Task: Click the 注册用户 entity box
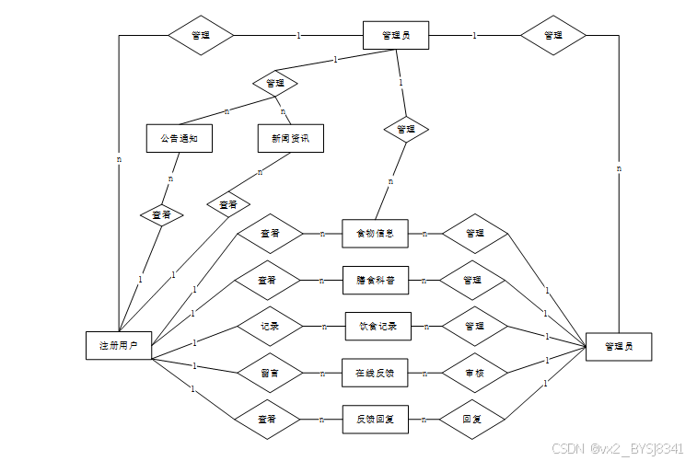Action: (118, 345)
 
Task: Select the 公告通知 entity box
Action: (179, 138)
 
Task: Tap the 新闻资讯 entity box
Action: (290, 138)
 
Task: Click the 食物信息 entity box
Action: (375, 234)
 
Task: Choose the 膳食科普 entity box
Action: (375, 280)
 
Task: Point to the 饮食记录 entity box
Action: (378, 326)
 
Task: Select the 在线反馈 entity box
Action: (375, 373)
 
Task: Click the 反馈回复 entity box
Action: (375, 419)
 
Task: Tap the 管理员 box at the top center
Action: (396, 36)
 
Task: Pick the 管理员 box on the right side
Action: (619, 346)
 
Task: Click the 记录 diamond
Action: (270, 326)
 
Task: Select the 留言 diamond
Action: (270, 373)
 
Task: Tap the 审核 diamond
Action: (475, 373)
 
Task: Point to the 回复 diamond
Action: (475, 419)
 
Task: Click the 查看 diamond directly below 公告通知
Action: (162, 214)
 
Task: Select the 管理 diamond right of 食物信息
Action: (475, 234)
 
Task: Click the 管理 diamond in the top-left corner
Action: (201, 36)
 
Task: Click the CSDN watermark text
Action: (618, 448)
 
